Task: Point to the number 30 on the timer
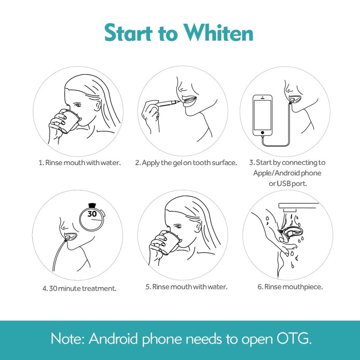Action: coord(92,214)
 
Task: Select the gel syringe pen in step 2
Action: coord(162,104)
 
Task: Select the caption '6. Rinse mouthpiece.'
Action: coord(290,287)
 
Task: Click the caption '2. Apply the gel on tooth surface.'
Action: coord(186,162)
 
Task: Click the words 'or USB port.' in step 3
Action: coord(290,183)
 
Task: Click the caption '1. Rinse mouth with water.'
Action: coord(80,162)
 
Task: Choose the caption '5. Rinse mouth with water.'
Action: coord(187,287)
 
